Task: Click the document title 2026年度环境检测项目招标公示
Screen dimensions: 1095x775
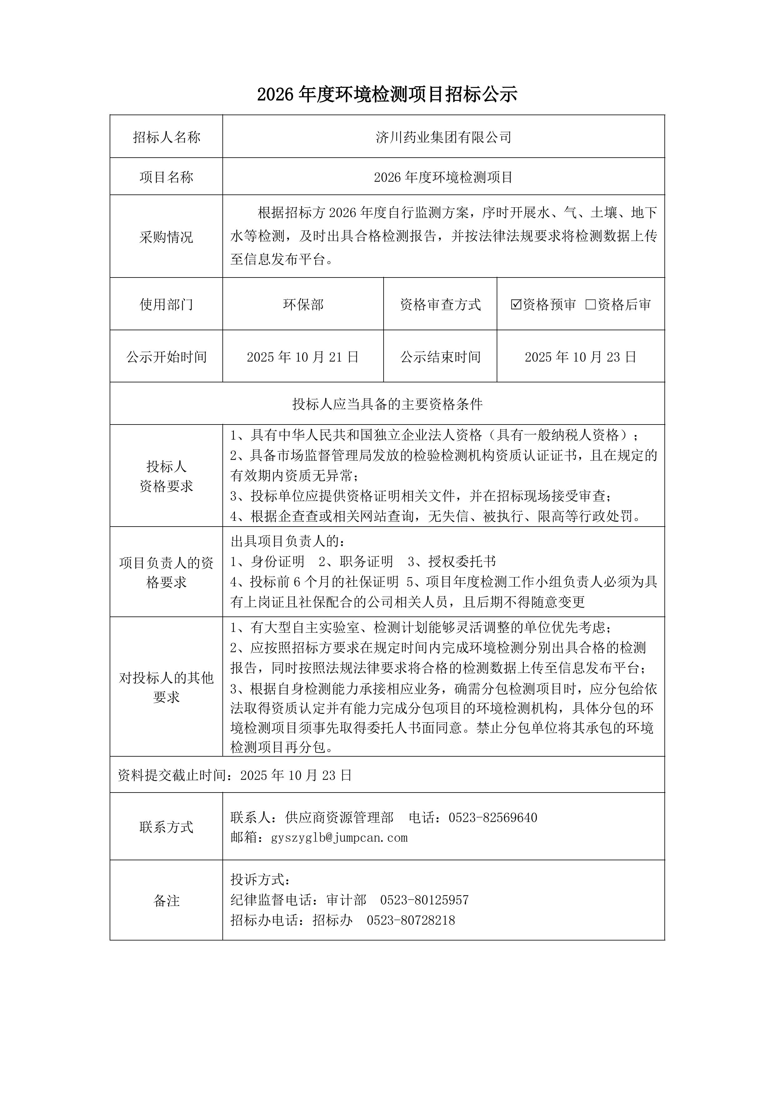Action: pyautogui.click(x=387, y=95)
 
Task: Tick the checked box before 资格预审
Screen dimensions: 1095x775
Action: pyautogui.click(x=515, y=304)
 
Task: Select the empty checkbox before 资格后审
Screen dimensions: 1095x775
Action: pyautogui.click(x=590, y=304)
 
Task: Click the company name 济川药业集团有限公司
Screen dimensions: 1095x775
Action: pyautogui.click(x=443, y=137)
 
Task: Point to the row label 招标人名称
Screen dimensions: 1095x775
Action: pyautogui.click(x=166, y=137)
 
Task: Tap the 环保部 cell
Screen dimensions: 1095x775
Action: pyautogui.click(x=303, y=304)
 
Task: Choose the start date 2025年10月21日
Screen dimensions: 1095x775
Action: pyautogui.click(x=303, y=357)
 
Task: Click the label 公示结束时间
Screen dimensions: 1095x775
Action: pyautogui.click(x=440, y=357)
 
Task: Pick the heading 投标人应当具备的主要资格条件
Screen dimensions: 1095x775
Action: pyautogui.click(x=387, y=405)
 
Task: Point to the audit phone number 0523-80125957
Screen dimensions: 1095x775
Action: pyautogui.click(x=424, y=900)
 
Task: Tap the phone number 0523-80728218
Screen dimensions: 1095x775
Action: pyautogui.click(x=411, y=920)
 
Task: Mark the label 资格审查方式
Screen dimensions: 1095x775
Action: pyautogui.click(x=440, y=304)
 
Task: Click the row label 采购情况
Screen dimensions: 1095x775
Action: pyautogui.click(x=166, y=237)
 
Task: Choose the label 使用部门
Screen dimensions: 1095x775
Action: pyautogui.click(x=166, y=304)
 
